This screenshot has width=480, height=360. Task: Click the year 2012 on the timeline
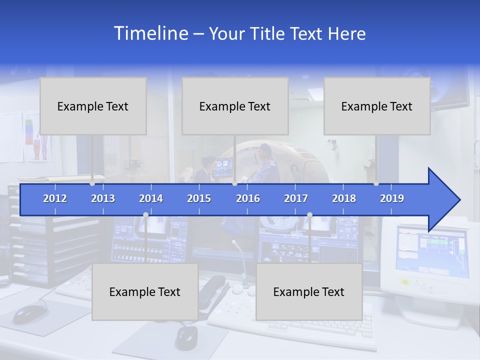(x=55, y=198)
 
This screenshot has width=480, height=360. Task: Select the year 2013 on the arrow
(x=103, y=198)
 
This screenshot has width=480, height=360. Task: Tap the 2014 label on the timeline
(x=151, y=198)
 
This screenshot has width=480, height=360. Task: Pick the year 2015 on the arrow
(x=199, y=198)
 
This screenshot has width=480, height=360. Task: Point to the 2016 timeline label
(x=248, y=198)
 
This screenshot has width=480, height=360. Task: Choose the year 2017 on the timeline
(x=296, y=198)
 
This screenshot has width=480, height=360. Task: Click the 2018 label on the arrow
(x=344, y=198)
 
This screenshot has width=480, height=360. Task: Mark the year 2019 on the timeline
(x=392, y=198)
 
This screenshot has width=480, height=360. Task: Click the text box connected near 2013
(x=93, y=106)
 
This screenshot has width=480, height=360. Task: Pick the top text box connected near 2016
(x=235, y=106)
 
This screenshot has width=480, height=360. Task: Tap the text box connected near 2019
(x=377, y=106)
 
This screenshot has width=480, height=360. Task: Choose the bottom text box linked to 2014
(x=145, y=291)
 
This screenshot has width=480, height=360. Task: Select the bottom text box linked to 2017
(x=309, y=291)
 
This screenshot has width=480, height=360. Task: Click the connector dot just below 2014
(x=145, y=215)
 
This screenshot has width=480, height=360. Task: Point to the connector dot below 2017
(x=309, y=215)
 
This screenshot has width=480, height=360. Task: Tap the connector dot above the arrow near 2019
(x=376, y=183)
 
